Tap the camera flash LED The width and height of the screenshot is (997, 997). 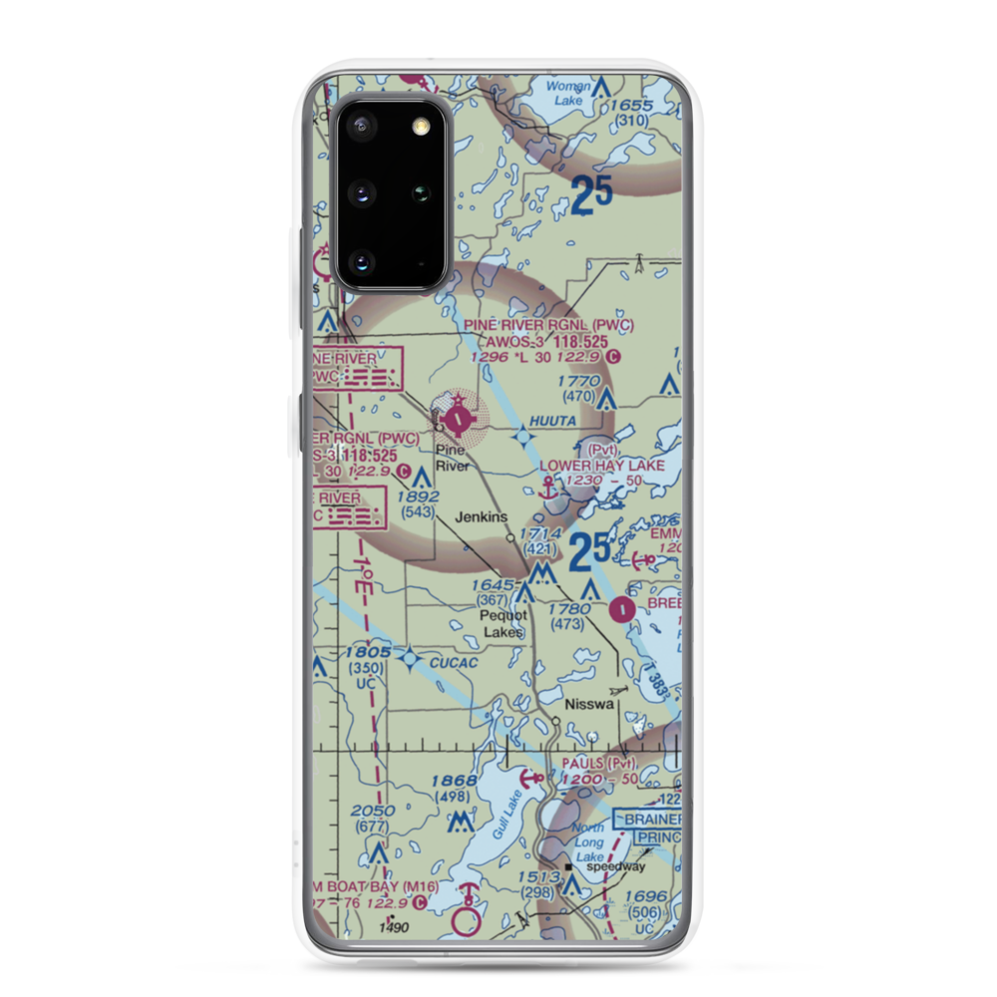420,125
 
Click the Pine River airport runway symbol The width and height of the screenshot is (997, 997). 457,419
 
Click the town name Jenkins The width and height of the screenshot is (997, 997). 482,517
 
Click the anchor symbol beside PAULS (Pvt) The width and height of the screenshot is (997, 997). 536,777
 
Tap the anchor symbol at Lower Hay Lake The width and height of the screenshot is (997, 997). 546,489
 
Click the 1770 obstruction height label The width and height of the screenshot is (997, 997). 578,380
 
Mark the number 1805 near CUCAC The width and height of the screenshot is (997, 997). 366,652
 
